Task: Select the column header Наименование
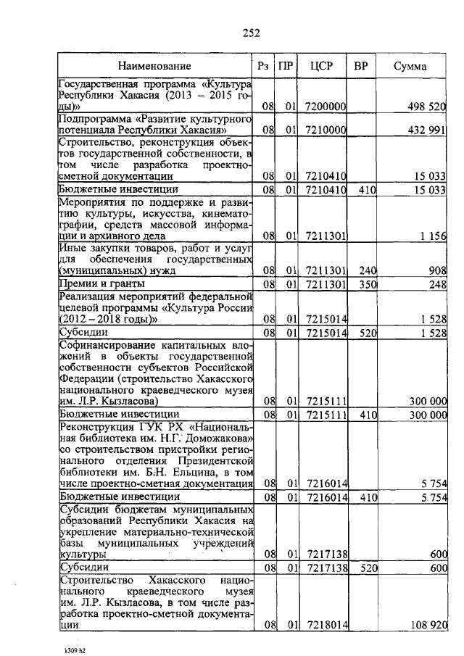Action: pyautogui.click(x=156, y=67)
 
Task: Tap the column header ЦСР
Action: pyautogui.click(x=321, y=67)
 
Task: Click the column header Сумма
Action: pyautogui.click(x=410, y=67)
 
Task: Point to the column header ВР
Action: pyautogui.click(x=360, y=67)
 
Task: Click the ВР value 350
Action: pyautogui.click(x=370, y=284)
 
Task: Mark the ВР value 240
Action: pyautogui.click(x=370, y=271)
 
